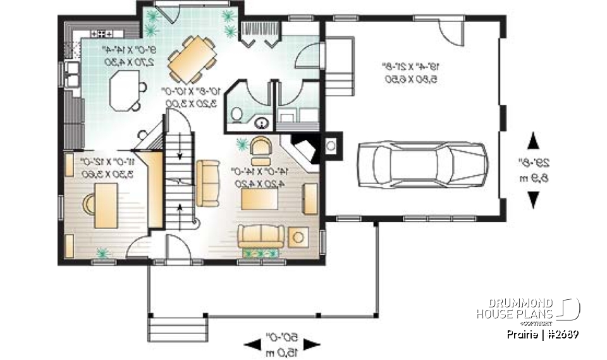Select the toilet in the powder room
pos(236,115)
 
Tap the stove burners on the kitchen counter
pos(102,32)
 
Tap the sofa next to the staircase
pos(207,183)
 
